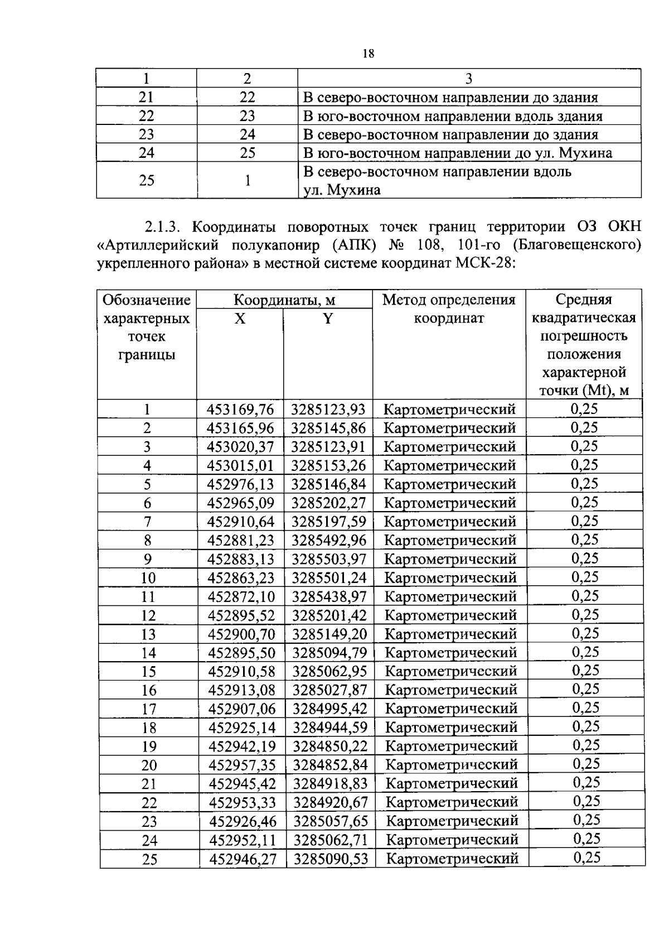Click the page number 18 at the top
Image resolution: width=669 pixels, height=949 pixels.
[x=368, y=54]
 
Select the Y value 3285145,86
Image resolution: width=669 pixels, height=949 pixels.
[x=328, y=428]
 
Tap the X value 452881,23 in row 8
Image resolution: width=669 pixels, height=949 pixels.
[x=241, y=541]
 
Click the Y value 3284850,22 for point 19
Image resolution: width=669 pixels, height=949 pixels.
[x=330, y=746]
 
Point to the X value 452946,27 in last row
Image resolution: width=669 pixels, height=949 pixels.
[x=243, y=859]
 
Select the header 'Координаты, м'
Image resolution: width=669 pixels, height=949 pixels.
[x=284, y=301]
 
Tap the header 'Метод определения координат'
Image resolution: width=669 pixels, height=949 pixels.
[x=449, y=309]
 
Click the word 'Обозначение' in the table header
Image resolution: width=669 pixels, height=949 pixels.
[x=147, y=301]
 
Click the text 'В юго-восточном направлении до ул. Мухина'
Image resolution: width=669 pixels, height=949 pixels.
[x=457, y=153]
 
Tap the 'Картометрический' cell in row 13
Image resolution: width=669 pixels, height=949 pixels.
[x=450, y=634]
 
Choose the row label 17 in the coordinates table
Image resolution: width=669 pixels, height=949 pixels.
[x=149, y=709]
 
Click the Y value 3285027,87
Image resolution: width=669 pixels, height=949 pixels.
[x=329, y=690]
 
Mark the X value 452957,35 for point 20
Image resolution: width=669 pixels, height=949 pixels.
[x=242, y=765]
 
